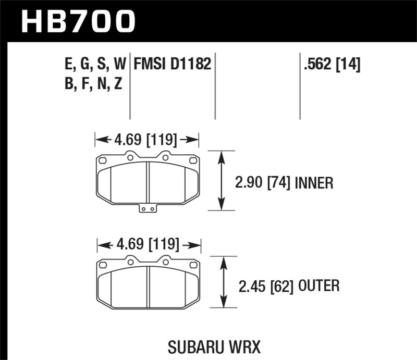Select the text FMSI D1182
172,64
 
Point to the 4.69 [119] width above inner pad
147,140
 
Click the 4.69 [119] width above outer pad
148,244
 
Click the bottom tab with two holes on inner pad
149,209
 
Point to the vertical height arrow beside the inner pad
223,181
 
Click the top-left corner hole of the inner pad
103,160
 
